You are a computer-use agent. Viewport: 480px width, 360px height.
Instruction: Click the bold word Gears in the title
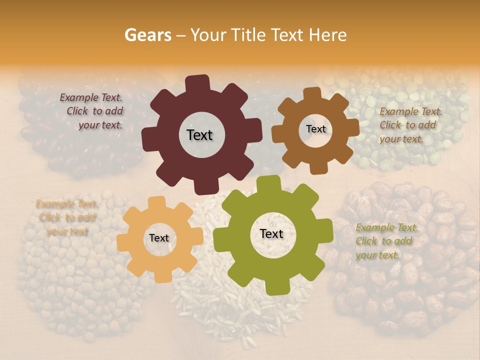147,35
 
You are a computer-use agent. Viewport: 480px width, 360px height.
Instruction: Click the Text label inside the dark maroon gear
199,135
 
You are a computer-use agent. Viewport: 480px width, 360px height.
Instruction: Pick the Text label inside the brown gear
315,129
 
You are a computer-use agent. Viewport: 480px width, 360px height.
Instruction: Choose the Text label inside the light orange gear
159,238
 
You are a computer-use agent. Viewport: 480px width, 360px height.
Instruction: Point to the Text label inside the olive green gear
271,233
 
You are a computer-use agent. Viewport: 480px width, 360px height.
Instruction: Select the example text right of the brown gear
410,125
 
